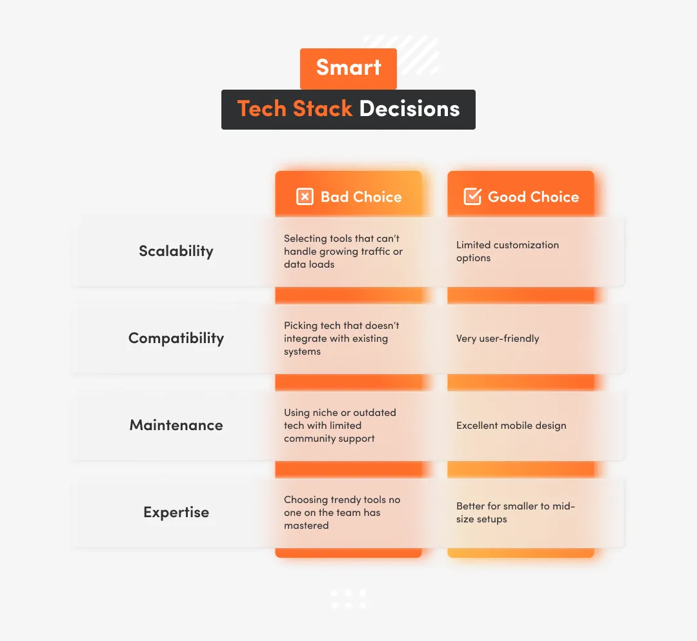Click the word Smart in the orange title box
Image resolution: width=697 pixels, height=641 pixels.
348,68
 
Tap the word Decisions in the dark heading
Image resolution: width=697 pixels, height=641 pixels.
409,109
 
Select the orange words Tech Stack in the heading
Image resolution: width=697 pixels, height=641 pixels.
295,109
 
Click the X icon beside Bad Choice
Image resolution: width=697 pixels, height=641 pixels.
305,197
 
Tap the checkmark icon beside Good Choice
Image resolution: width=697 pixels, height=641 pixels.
472,197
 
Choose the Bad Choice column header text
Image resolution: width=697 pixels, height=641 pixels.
361,197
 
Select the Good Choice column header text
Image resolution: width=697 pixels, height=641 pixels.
533,197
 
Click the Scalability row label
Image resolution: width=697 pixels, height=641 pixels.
176,251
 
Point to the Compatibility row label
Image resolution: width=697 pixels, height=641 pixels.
176,338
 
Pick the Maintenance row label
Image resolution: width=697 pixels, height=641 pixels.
176,425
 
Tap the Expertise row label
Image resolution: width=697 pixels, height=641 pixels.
176,512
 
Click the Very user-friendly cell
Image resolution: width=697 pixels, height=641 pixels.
498,339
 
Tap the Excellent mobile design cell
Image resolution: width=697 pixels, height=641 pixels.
511,426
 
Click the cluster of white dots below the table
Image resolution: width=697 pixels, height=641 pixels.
348,598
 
